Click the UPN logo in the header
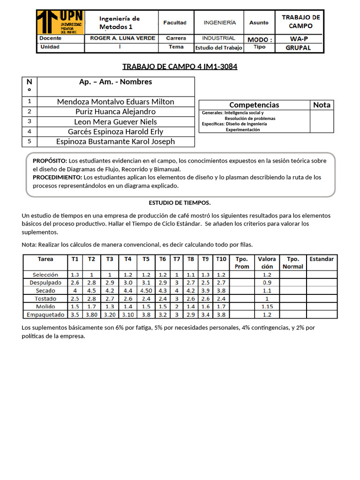(60, 22)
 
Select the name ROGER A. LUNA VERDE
(123, 38)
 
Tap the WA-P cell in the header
(299, 38)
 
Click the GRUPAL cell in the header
(299, 47)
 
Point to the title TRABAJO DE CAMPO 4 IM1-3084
(180, 67)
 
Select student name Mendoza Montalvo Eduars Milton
(115, 102)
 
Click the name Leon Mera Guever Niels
(115, 121)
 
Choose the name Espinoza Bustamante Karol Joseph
(115, 141)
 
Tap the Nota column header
(322, 105)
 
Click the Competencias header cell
(254, 105)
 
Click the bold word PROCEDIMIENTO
(57, 177)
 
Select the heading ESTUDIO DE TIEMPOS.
(180, 202)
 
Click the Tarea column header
(45, 259)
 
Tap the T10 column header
(221, 259)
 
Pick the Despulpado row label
(45, 283)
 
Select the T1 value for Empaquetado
(75, 315)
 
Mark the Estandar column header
(322, 259)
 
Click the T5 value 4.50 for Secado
(146, 291)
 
